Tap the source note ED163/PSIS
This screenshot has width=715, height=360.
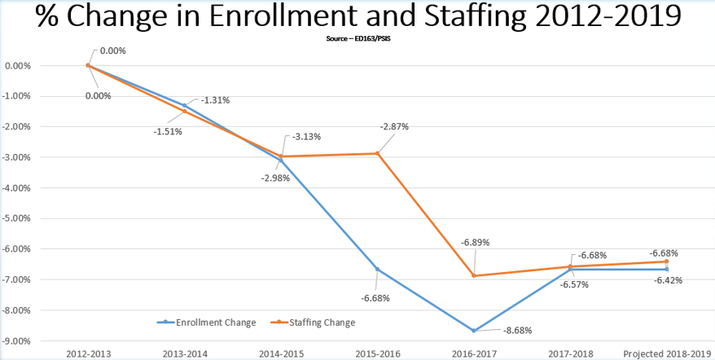pyautogui.click(x=357, y=37)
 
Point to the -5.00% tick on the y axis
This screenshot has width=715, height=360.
pyautogui.click(x=19, y=218)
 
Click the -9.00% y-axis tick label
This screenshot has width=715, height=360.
pyautogui.click(x=19, y=340)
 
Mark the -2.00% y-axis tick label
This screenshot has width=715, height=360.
pyautogui.click(x=19, y=126)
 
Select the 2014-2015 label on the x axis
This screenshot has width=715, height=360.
pyautogui.click(x=282, y=353)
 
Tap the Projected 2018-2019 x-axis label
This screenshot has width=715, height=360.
pyautogui.click(x=667, y=353)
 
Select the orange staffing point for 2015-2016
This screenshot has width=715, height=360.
pyautogui.click(x=378, y=153)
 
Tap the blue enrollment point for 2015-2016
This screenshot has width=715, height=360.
pyautogui.click(x=378, y=270)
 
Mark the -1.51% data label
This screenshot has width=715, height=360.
pyautogui.click(x=167, y=131)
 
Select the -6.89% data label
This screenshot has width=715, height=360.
pyautogui.click(x=475, y=243)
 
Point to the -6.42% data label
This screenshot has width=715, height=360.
pyautogui.click(x=668, y=280)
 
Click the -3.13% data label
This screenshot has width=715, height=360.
pyautogui.click(x=308, y=136)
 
